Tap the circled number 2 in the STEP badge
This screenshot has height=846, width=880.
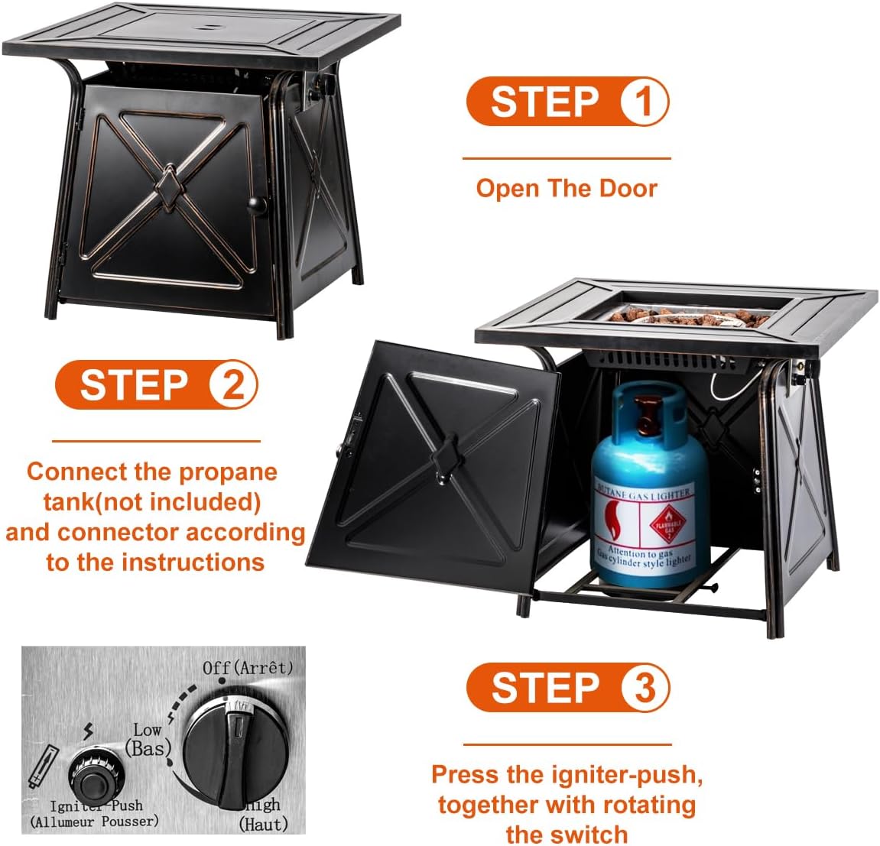[x=232, y=384]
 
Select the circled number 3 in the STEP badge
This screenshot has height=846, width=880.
[x=644, y=687]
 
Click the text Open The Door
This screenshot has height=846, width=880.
[x=566, y=188]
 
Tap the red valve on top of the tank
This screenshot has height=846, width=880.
[x=648, y=413]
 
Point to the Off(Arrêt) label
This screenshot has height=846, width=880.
[x=248, y=667]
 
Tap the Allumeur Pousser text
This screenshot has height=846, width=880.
[x=95, y=822]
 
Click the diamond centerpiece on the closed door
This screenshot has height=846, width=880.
[x=167, y=186]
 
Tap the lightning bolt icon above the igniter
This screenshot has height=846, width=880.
[x=89, y=732]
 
